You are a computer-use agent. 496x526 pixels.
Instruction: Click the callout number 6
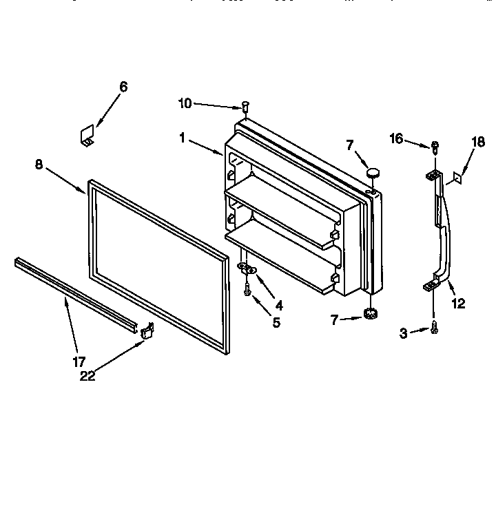tap(123, 87)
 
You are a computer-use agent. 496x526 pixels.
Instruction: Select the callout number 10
tap(185, 104)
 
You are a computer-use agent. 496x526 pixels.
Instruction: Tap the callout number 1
tap(182, 138)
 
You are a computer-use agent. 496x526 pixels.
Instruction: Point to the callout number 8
tap(39, 164)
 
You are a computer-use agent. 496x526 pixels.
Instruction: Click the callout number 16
tap(395, 139)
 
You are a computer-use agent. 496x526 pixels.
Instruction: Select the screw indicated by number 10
tap(245, 106)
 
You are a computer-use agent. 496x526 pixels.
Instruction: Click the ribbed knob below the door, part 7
tap(373, 315)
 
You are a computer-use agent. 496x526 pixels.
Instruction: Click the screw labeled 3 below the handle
tap(434, 330)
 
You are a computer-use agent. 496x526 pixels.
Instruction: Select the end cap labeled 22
tap(147, 332)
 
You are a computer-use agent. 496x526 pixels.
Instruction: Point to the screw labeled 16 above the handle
tap(435, 146)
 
